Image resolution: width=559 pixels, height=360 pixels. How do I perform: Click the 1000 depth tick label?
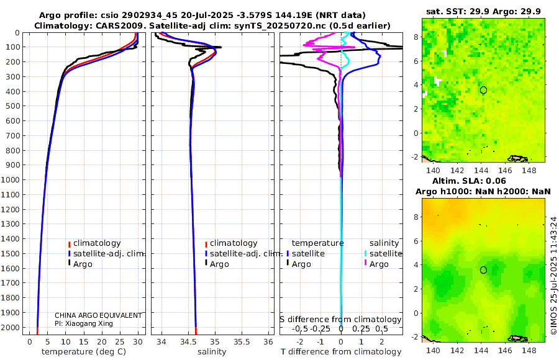[x=12, y=180]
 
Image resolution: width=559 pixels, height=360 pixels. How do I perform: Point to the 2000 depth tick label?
[x=12, y=328]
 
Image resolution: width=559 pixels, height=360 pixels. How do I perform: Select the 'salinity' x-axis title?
[x=212, y=352]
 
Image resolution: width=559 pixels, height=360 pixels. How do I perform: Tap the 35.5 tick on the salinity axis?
[x=242, y=341]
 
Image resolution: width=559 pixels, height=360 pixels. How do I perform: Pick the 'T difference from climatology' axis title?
[x=340, y=352]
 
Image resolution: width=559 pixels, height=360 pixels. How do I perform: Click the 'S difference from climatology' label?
[x=340, y=319]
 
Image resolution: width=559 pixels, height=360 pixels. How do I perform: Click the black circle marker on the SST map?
[x=483, y=90]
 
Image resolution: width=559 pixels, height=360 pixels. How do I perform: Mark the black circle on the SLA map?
[x=483, y=269]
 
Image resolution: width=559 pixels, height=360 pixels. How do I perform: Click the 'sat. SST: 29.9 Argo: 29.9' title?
[x=483, y=11]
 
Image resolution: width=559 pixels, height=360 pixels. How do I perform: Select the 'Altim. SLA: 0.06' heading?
[x=483, y=180]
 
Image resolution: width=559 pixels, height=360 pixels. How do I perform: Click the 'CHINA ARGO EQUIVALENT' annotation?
[x=98, y=315]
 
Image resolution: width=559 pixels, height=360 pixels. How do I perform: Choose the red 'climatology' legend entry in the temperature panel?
[x=96, y=243]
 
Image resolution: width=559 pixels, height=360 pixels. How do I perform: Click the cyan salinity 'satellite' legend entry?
[x=383, y=254]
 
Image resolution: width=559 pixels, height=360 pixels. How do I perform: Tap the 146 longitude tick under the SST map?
[x=507, y=170]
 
